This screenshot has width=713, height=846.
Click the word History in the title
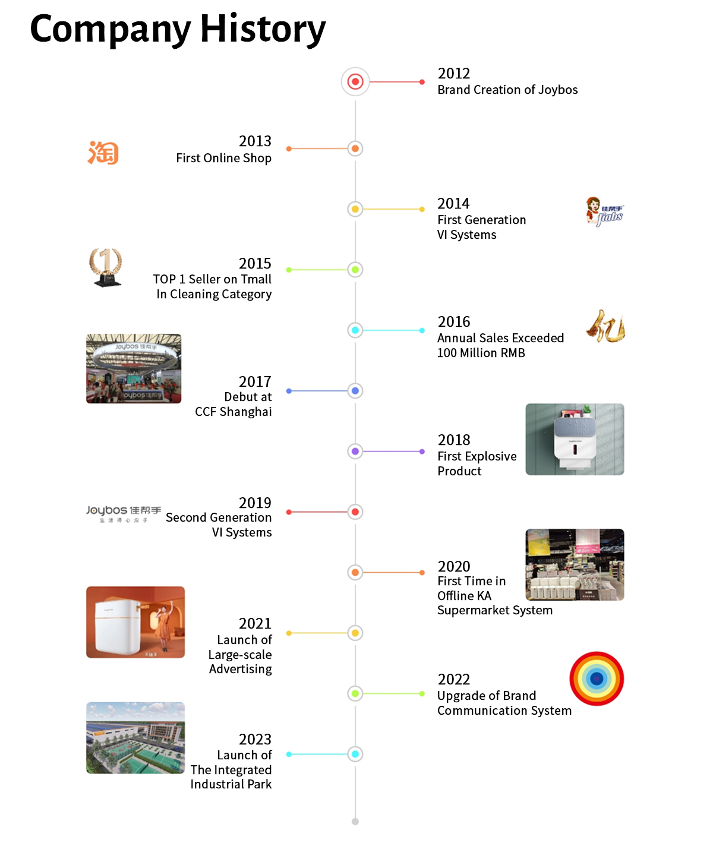tap(263, 29)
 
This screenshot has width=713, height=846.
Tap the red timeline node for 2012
tap(355, 81)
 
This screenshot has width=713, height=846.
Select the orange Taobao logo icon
tap(103, 153)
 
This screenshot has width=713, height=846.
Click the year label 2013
tap(255, 141)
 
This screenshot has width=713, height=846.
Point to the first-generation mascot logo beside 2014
tap(604, 212)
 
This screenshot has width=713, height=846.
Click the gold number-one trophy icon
tap(106, 267)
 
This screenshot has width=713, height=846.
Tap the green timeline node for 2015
tap(355, 270)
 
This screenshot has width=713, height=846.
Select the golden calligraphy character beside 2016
tap(606, 326)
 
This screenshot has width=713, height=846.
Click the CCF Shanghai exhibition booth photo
tap(134, 368)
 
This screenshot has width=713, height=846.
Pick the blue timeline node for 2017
tap(355, 391)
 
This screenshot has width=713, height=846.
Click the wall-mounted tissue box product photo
tap(575, 440)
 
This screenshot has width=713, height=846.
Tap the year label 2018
tap(454, 440)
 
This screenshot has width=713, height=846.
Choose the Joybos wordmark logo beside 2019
tap(124, 513)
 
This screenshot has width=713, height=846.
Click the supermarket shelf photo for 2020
tap(575, 564)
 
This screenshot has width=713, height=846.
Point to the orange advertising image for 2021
tap(135, 622)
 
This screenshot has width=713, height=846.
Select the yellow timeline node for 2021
tap(355, 633)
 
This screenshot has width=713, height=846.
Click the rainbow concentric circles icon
tap(597, 678)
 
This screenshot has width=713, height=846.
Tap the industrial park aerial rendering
tap(135, 738)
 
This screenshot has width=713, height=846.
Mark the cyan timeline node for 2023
tap(355, 755)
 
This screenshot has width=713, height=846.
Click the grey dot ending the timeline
tap(355, 822)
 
